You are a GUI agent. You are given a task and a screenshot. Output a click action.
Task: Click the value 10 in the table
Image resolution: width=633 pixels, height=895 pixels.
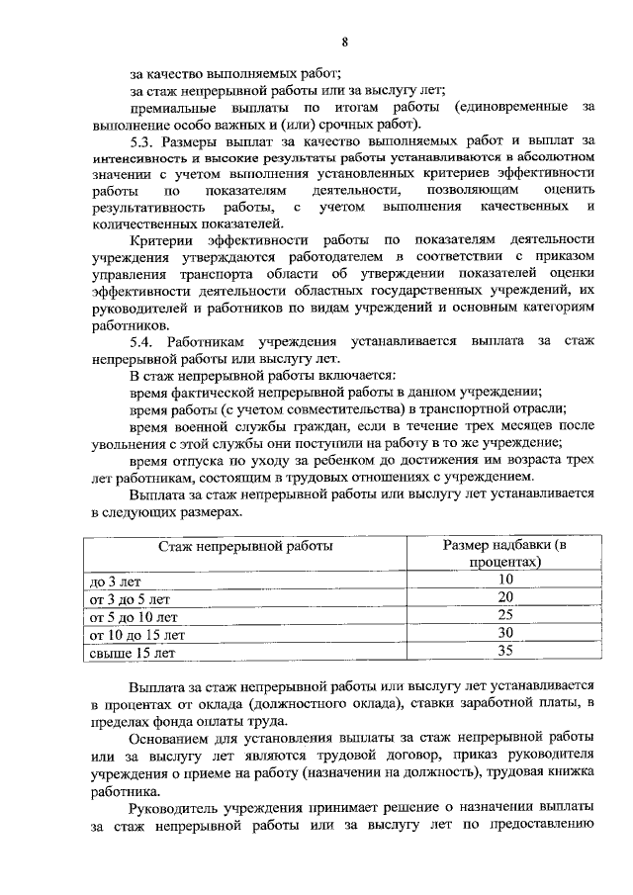504,580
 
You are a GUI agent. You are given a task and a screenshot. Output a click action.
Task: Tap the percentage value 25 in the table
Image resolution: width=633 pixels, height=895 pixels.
504,615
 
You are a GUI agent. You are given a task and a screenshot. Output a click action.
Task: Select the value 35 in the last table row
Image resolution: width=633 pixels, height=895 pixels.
504,652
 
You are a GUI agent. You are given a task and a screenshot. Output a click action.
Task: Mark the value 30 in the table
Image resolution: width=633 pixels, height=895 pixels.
504,633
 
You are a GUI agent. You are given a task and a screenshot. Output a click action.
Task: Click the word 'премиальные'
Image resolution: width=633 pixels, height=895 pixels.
174,107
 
